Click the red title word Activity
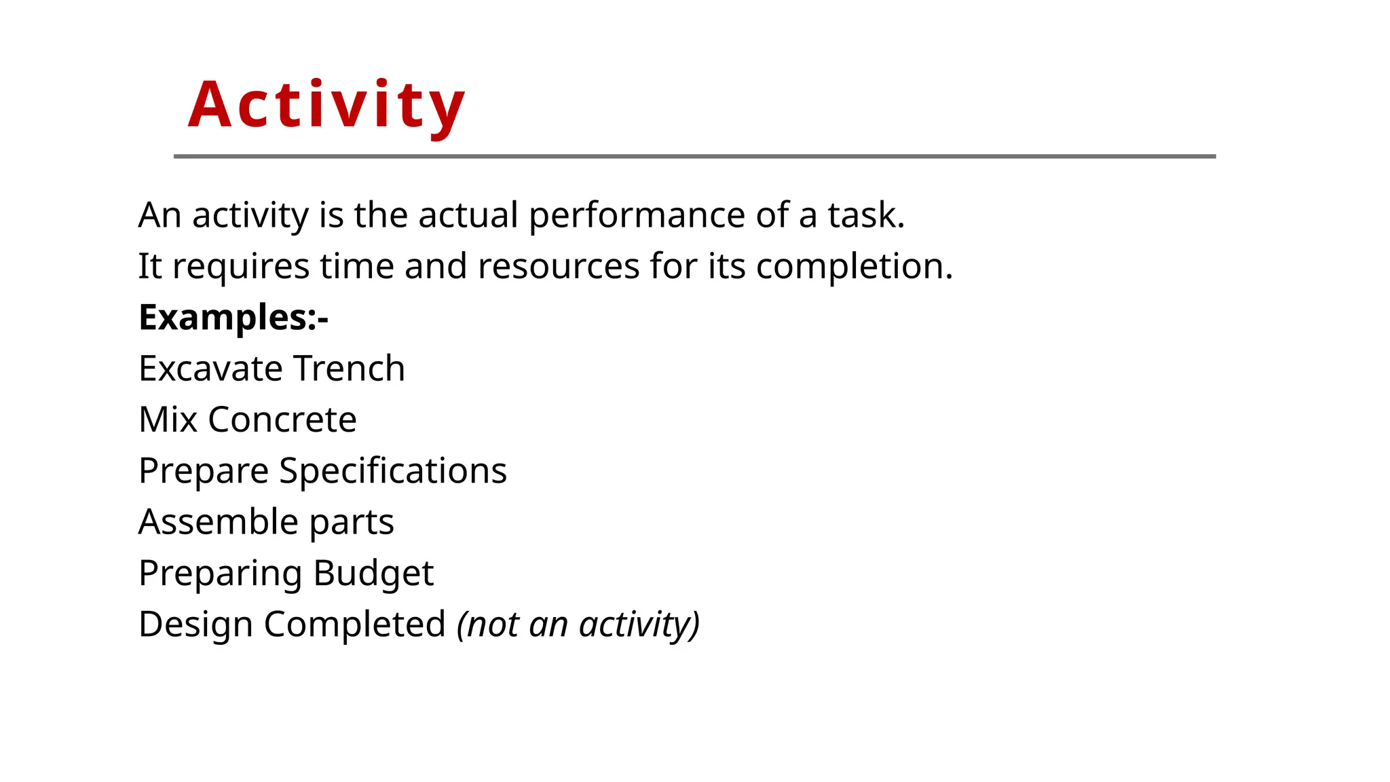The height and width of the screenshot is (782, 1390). [x=326, y=105]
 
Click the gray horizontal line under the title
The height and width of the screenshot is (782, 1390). [x=694, y=156]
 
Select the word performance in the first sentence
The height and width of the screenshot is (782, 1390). [x=637, y=216]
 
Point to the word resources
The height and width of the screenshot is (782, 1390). [x=558, y=266]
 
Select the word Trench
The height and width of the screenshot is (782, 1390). [x=349, y=369]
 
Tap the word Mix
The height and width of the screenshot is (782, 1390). [x=168, y=420]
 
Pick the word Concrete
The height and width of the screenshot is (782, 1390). [x=282, y=420]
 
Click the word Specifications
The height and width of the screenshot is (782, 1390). [x=393, y=471]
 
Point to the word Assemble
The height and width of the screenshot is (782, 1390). [x=218, y=522]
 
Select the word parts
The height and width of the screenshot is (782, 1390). [x=352, y=523]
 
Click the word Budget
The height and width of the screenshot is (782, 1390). [x=373, y=574]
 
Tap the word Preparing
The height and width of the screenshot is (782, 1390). [x=220, y=574]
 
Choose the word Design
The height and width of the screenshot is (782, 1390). [x=195, y=625]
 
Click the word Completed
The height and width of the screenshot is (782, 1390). [x=354, y=625]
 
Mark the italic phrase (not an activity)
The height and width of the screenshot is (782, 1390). [x=578, y=625]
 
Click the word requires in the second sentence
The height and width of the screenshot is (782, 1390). [x=241, y=267]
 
